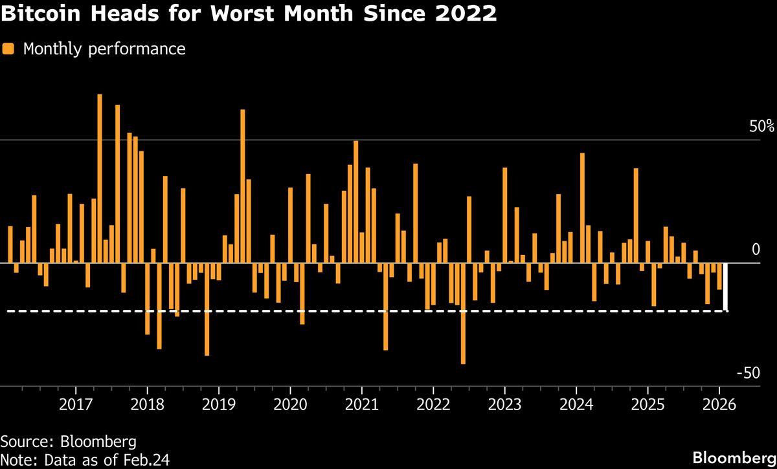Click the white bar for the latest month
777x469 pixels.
[726, 287]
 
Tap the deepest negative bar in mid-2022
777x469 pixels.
[463, 314]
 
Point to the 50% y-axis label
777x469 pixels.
[761, 126]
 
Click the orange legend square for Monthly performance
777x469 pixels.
[8, 49]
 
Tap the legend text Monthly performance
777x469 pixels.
[104, 49]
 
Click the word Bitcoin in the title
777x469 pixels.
[39, 14]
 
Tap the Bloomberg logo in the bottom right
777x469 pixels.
[733, 458]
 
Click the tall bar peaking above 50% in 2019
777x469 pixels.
[243, 186]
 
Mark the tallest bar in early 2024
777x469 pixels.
[582, 208]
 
